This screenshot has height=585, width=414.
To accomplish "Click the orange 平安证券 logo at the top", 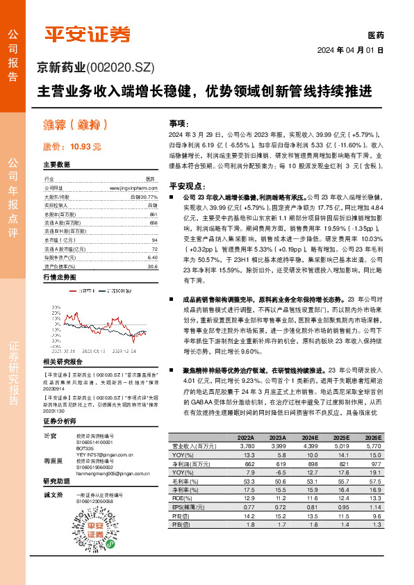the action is click(x=87, y=34).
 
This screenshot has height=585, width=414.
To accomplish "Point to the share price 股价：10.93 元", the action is click(x=72, y=147).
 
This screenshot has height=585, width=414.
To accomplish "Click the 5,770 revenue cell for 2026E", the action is click(x=374, y=446).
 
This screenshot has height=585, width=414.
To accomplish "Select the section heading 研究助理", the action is click(x=56, y=481).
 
